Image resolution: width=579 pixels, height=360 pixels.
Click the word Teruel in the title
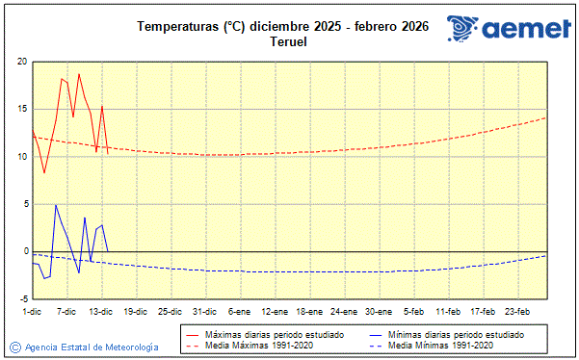pyautogui.click(x=288, y=41)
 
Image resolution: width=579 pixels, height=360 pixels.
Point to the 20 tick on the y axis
pyautogui.click(x=22, y=62)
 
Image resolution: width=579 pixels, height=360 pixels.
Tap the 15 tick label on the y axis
pyautogui.click(x=22, y=109)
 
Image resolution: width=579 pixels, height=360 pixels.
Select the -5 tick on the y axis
pyautogui.click(x=22, y=298)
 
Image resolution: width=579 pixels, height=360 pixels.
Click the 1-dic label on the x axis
pyautogui.click(x=32, y=311)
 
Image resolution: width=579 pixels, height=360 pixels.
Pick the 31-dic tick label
pyautogui.click(x=204, y=311)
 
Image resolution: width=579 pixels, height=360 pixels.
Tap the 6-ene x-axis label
pyautogui.click(x=239, y=311)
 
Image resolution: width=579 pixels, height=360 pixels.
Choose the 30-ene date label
pyautogui.click(x=379, y=311)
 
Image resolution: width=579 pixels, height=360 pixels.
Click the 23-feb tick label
pyautogui.click(x=518, y=311)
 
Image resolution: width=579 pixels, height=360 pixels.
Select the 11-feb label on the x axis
pyautogui.click(x=448, y=311)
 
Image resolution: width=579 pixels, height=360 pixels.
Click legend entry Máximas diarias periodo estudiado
pyautogui.click(x=275, y=334)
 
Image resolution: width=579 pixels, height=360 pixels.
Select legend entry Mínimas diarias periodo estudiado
pyautogui.click(x=456, y=334)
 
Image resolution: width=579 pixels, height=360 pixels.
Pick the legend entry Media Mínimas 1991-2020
pyautogui.click(x=440, y=345)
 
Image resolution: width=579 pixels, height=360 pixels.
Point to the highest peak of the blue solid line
pyautogui.click(x=56, y=205)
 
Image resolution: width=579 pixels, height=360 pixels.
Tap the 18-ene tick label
pyautogui.click(x=309, y=311)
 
